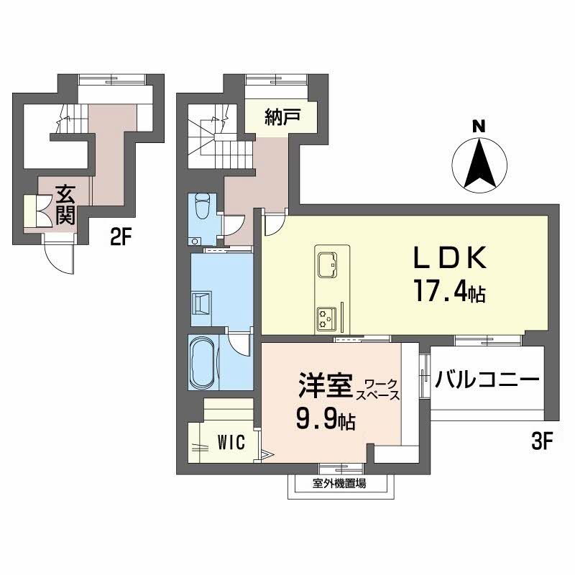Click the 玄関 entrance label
pos(65,204)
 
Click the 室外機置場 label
pos(339,484)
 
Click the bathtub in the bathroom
pos(203,363)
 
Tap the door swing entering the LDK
pos(274,225)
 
